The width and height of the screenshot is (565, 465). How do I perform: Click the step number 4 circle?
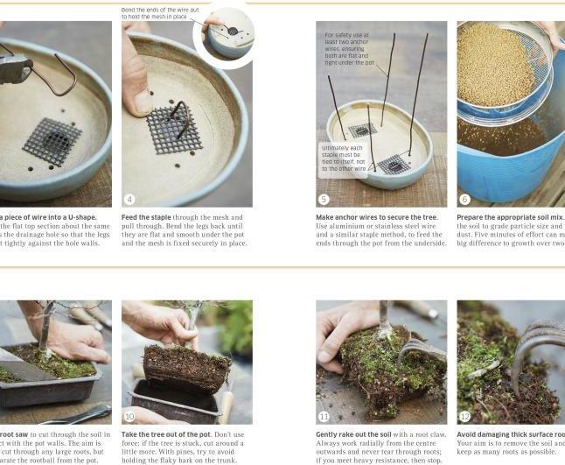pos(130,199)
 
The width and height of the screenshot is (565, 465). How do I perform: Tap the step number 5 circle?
pos(324,199)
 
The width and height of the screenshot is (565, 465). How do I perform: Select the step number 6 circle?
pos(465,199)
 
